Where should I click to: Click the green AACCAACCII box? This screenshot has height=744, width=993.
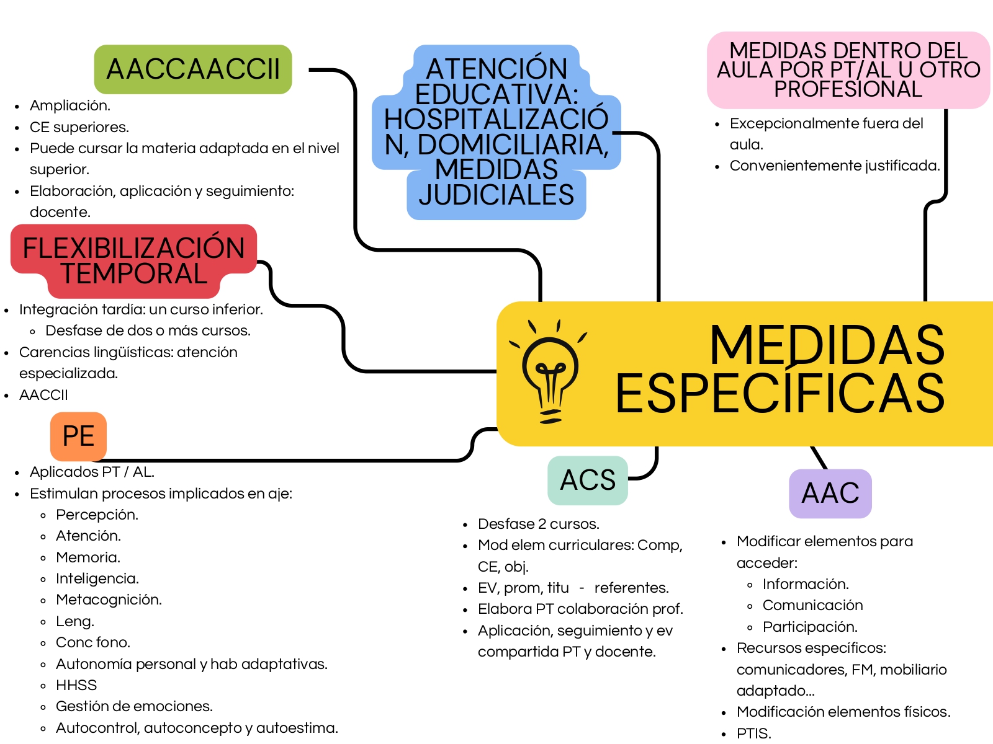[x=193, y=69]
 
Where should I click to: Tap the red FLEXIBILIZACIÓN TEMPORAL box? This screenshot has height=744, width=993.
[x=133, y=260]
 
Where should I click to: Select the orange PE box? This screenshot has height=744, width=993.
[x=78, y=436]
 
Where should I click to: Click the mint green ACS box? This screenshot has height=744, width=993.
[x=588, y=480]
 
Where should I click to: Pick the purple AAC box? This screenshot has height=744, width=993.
[x=830, y=494]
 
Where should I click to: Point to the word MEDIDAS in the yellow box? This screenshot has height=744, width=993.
[x=827, y=345]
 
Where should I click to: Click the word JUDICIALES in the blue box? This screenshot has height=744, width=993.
[x=496, y=195]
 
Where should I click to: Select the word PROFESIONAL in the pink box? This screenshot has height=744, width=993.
[x=848, y=89]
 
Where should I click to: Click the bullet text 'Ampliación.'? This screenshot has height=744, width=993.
[x=70, y=105]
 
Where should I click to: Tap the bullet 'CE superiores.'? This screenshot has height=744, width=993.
[x=79, y=127]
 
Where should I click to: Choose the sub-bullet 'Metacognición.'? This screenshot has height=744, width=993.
[x=109, y=600]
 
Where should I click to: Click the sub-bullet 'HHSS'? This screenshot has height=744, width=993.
[x=76, y=685]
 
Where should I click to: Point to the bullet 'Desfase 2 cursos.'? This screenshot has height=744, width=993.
[x=539, y=524]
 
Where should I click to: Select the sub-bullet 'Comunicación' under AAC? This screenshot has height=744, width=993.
[x=812, y=605]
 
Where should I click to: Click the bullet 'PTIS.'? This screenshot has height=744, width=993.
[x=753, y=733]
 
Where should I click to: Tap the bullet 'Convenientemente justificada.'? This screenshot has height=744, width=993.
[x=835, y=166]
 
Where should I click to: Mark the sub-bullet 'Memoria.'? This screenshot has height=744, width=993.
[x=88, y=557]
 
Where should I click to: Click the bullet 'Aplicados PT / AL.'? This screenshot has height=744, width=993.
[x=92, y=472]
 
